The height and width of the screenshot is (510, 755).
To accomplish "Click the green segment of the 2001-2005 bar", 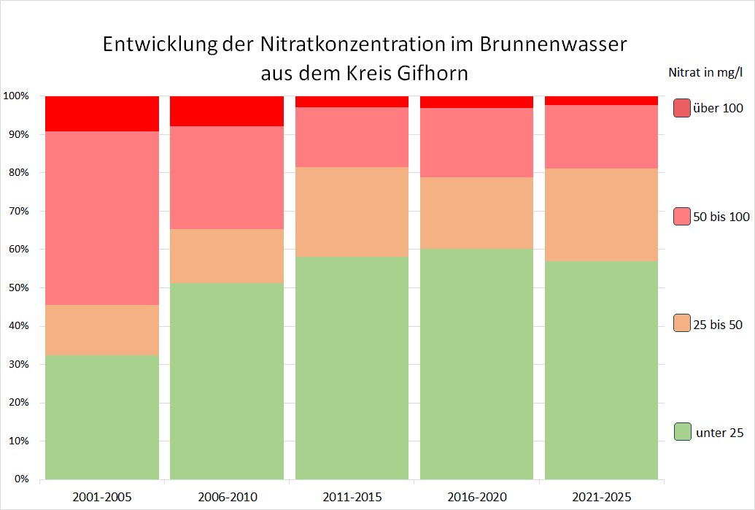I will [102, 417].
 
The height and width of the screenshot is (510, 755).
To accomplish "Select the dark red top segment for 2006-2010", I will [227, 111].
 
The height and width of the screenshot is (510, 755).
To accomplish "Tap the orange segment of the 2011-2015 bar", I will [352, 212].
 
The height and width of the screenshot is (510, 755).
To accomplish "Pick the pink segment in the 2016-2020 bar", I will [476, 142].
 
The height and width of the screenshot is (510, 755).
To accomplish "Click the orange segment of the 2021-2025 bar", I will [601, 215].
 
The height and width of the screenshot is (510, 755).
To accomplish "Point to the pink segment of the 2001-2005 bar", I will [102, 218].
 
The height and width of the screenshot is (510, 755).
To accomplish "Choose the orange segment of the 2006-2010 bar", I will [227, 255].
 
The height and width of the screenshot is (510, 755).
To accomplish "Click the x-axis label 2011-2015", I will [352, 497].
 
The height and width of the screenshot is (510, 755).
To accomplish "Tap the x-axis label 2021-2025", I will [602, 497].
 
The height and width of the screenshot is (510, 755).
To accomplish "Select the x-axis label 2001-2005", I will [102, 497].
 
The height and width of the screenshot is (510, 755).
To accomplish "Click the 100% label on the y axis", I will [15, 96].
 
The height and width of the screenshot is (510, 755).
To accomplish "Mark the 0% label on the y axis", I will [20, 479].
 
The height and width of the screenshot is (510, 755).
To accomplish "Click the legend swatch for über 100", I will [682, 108].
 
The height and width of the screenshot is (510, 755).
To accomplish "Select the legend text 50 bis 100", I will [721, 217].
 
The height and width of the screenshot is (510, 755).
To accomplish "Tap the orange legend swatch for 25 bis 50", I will [682, 323].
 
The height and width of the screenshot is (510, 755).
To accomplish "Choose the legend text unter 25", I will [720, 433].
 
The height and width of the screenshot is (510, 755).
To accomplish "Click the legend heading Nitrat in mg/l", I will [705, 72].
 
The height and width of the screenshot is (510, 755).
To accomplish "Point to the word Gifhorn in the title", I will [427, 74].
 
